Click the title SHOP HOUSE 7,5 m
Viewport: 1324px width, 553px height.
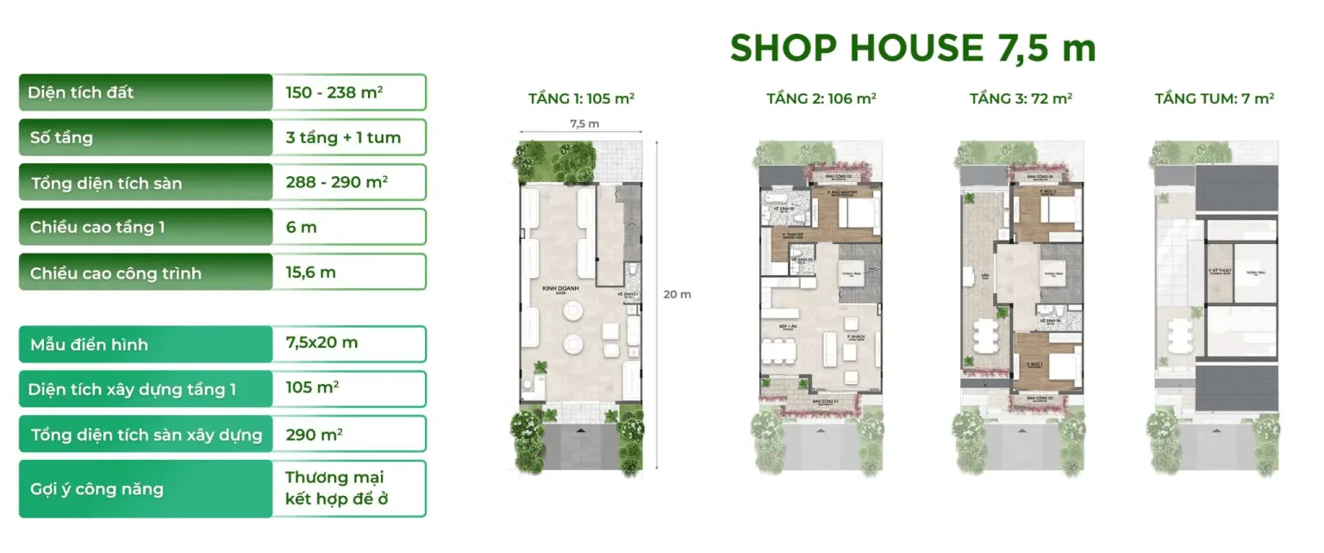point(913,47)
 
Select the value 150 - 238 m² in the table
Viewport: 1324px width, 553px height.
point(334,91)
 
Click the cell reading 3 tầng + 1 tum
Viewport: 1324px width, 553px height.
point(343,137)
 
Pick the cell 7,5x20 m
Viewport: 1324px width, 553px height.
point(322,342)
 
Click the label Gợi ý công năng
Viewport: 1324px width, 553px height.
point(96,489)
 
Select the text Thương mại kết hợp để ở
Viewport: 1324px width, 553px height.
point(334,488)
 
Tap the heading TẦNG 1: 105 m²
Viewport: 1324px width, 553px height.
point(581,98)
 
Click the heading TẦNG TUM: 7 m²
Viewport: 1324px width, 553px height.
point(1214,98)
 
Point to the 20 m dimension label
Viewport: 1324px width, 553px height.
point(677,294)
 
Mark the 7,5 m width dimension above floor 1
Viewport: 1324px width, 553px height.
point(584,123)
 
